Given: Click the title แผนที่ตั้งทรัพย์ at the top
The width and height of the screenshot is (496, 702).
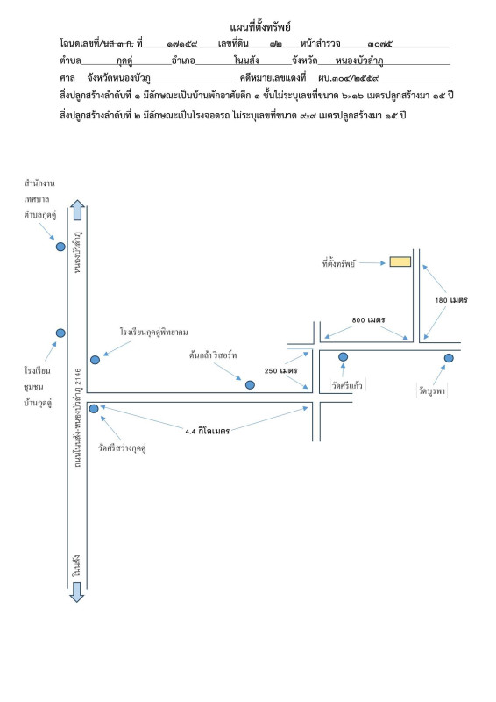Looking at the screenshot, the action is click(260, 27).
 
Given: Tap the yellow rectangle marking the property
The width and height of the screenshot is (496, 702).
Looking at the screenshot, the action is click(400, 261).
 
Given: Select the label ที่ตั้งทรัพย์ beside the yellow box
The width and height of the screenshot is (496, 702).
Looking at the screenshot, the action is click(338, 262).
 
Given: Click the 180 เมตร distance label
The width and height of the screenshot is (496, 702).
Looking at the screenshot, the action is click(450, 300).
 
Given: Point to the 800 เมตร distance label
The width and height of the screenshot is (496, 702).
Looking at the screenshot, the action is click(368, 319).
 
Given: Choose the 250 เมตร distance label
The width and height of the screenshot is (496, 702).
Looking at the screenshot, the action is click(281, 370).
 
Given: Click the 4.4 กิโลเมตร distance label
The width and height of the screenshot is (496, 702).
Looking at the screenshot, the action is click(207, 431).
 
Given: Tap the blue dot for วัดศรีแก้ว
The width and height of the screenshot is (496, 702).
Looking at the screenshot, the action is click(343, 357).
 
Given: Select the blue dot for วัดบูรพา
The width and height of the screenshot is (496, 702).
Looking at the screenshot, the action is click(449, 358).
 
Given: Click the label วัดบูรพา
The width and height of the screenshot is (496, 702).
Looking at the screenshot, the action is click(432, 390).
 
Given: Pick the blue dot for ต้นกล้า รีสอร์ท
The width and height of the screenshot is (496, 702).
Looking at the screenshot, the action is click(250, 384).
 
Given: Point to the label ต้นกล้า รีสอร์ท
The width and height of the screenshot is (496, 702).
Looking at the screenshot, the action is click(213, 355).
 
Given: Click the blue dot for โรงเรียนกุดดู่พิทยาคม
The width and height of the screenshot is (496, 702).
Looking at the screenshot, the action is click(95, 360).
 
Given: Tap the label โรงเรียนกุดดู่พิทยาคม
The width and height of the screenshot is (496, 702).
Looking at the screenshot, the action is click(154, 333).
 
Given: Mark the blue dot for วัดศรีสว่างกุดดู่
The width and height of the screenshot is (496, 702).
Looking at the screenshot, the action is click(94, 408).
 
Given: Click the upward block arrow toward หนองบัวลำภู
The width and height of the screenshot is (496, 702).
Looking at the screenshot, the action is click(77, 210).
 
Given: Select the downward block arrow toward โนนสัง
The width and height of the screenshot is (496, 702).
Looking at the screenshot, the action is click(77, 591).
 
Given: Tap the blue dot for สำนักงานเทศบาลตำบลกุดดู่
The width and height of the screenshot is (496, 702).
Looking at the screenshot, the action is click(60, 247).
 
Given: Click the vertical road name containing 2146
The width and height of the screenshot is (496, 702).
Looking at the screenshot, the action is click(77, 418).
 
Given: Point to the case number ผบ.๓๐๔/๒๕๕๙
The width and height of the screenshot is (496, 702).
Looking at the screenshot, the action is click(349, 78).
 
